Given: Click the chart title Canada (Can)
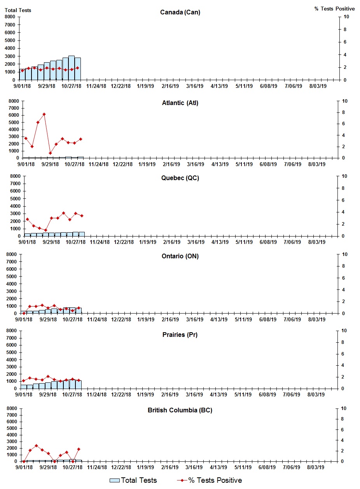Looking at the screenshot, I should [x=180, y=12].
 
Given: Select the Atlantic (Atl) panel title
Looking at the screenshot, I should [x=180, y=103].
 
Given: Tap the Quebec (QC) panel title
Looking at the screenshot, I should [x=180, y=178].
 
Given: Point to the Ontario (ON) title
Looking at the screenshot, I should [x=180, y=256].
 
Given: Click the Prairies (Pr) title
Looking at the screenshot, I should [x=180, y=335].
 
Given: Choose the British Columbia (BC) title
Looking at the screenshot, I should [x=180, y=410].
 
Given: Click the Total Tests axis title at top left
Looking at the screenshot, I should [x=18, y=10].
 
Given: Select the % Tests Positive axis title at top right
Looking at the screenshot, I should [x=334, y=9].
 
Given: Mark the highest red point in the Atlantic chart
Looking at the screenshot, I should [x=44, y=114].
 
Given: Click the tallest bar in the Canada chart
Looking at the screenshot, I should [x=72, y=68].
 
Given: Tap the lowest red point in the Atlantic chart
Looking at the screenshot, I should [x=50, y=153].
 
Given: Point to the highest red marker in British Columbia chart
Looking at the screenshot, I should [x=36, y=446].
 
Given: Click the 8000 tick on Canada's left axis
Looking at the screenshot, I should [x=10, y=17].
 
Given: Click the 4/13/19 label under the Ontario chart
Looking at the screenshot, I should [x=219, y=319].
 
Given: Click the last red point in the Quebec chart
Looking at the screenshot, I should [x=82, y=216].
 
